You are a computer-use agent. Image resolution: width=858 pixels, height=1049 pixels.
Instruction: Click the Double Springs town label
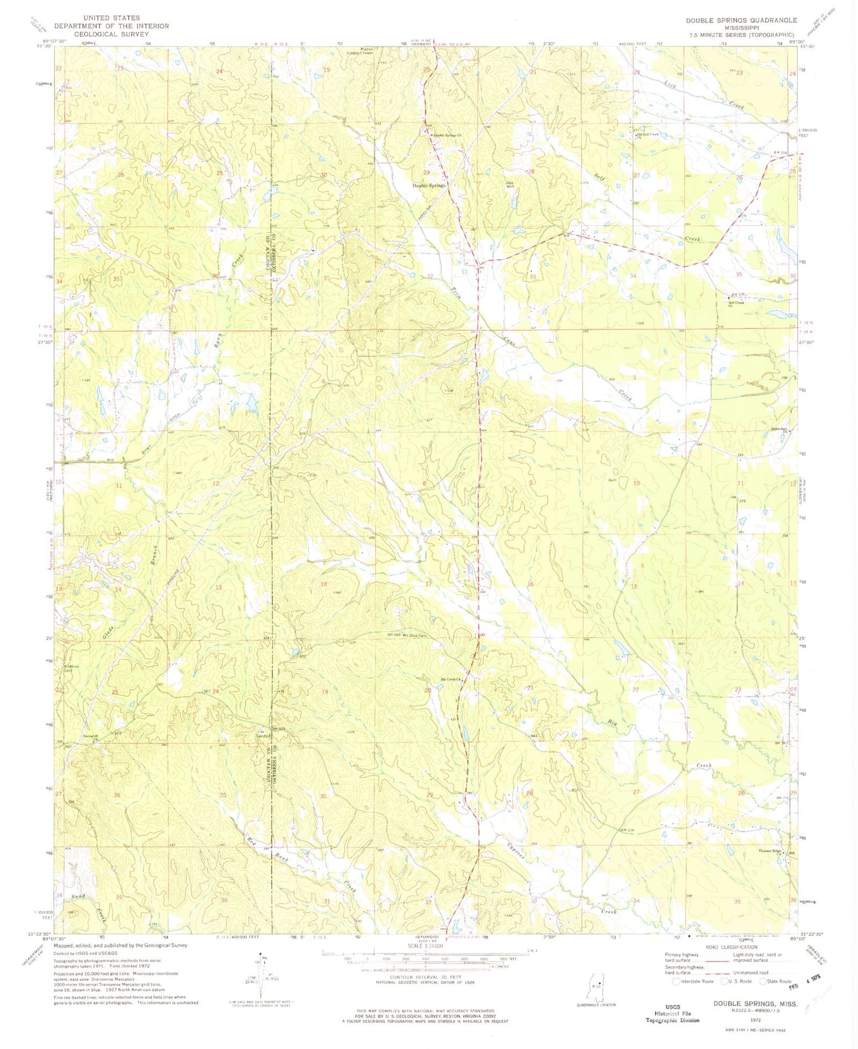coord(429,185)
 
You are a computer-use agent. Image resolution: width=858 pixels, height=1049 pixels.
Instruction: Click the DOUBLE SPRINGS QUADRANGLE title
coord(741,20)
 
